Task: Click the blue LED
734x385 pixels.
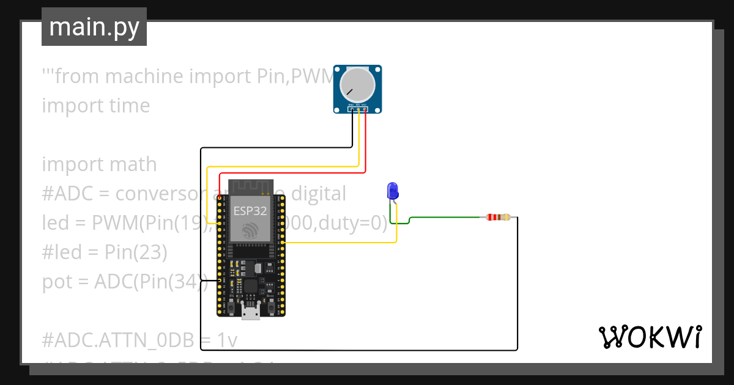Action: [393, 191]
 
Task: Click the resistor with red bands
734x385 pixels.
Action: [497, 217]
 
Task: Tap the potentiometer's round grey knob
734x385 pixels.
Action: [358, 85]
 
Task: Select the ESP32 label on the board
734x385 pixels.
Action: [250, 211]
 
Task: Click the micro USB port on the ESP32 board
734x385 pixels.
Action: [250, 313]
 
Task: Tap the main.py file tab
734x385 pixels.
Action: [94, 27]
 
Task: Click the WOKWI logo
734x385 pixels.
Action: [650, 337]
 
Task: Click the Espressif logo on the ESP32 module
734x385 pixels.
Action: [250, 231]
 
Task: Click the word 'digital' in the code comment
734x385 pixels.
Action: [318, 194]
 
